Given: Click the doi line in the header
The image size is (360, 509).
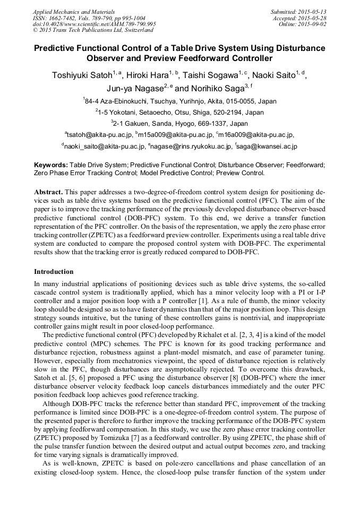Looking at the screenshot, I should tap(94, 24).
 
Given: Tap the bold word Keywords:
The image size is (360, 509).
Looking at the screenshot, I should tap(50, 165).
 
